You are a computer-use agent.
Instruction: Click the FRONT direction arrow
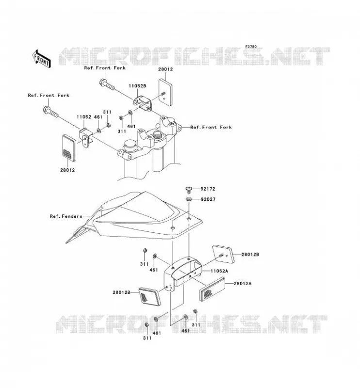click(x=41, y=58)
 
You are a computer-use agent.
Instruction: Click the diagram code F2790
click(x=251, y=47)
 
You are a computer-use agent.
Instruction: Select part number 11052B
click(x=137, y=86)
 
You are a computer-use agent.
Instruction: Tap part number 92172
click(x=208, y=189)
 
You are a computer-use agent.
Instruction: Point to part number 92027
click(x=208, y=199)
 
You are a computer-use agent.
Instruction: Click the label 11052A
click(x=219, y=271)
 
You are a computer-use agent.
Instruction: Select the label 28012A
click(x=243, y=283)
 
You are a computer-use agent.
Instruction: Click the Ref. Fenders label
click(x=66, y=216)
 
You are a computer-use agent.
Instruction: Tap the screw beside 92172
click(x=189, y=190)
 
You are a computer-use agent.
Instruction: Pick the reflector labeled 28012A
click(x=212, y=289)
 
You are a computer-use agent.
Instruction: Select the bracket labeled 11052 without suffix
click(x=85, y=138)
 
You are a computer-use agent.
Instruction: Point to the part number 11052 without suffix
click(x=84, y=117)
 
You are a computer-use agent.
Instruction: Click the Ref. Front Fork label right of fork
click(x=211, y=127)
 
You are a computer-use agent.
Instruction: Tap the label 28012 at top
click(x=165, y=69)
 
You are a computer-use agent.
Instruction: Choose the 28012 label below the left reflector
click(x=67, y=170)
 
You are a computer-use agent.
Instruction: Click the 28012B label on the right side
click(x=250, y=254)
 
